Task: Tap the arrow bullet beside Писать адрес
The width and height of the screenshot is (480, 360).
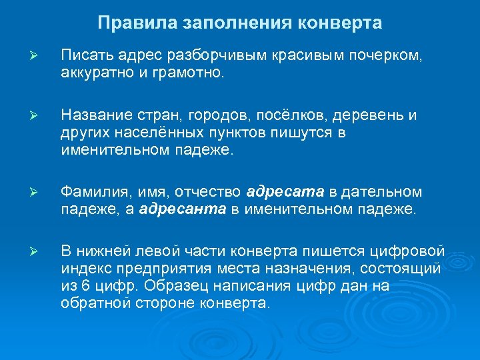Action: tap(38, 54)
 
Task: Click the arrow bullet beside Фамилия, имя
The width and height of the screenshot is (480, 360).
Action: tap(38, 193)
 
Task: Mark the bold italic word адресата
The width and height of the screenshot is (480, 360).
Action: tap(285, 193)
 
